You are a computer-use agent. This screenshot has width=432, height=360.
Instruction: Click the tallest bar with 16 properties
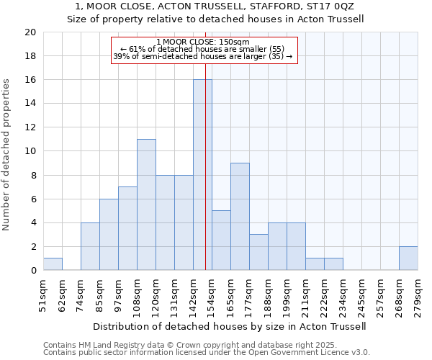point(202,175)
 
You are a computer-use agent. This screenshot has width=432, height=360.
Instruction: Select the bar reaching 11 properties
point(146,204)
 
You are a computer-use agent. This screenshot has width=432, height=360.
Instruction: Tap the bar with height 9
point(240,217)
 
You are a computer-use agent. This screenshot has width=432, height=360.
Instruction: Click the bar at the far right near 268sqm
point(408,258)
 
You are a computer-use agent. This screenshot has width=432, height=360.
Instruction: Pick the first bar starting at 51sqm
point(53,264)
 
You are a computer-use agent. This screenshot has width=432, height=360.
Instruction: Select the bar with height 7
point(127,228)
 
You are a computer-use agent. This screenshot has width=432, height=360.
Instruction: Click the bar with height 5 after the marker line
point(221,240)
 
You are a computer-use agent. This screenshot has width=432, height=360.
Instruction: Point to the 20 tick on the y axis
point(30,32)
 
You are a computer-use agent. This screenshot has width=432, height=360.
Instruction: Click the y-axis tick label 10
point(30,151)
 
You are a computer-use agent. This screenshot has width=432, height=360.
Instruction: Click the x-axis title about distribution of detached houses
point(230,326)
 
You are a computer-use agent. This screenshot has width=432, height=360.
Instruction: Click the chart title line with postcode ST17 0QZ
point(216,6)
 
